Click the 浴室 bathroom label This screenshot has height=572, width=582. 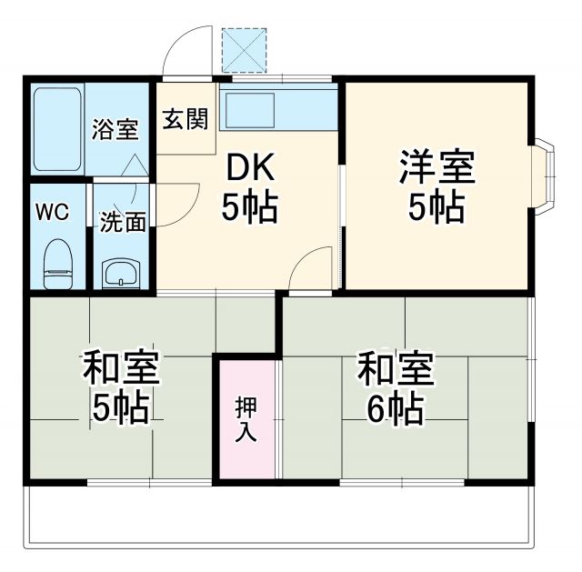[x=115, y=129]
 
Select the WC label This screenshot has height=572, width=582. [x=51, y=212]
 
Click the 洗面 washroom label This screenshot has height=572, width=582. [x=122, y=222]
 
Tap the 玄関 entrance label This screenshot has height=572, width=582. [x=185, y=119]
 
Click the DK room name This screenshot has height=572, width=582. [x=249, y=168]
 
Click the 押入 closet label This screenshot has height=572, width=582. [x=246, y=419]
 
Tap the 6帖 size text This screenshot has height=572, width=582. [x=395, y=410]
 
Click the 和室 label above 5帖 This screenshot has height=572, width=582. [x=121, y=369]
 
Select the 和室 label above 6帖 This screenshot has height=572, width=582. [x=395, y=368]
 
